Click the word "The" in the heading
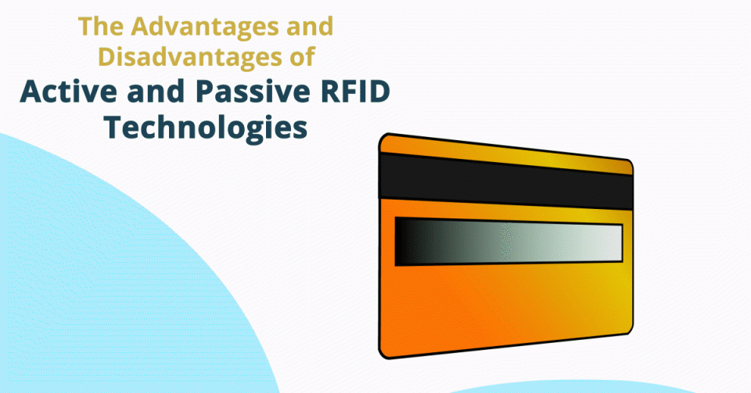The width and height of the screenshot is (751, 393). (x=96, y=29)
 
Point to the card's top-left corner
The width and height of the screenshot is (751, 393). (x=384, y=139)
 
